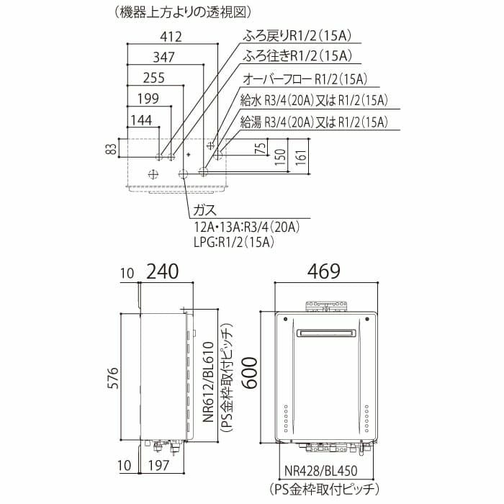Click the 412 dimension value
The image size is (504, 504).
click(171, 37)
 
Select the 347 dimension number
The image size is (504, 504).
click(164, 57)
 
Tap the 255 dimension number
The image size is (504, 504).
click(154, 78)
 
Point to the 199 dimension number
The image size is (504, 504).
click(148, 99)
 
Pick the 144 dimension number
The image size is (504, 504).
click(141, 120)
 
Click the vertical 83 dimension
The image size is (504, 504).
click(111, 149)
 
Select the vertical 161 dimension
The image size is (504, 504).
click(302, 157)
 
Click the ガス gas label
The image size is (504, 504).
click(205, 210)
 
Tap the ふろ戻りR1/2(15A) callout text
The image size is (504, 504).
click(297, 36)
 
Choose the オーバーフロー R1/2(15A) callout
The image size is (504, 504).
click(305, 79)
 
